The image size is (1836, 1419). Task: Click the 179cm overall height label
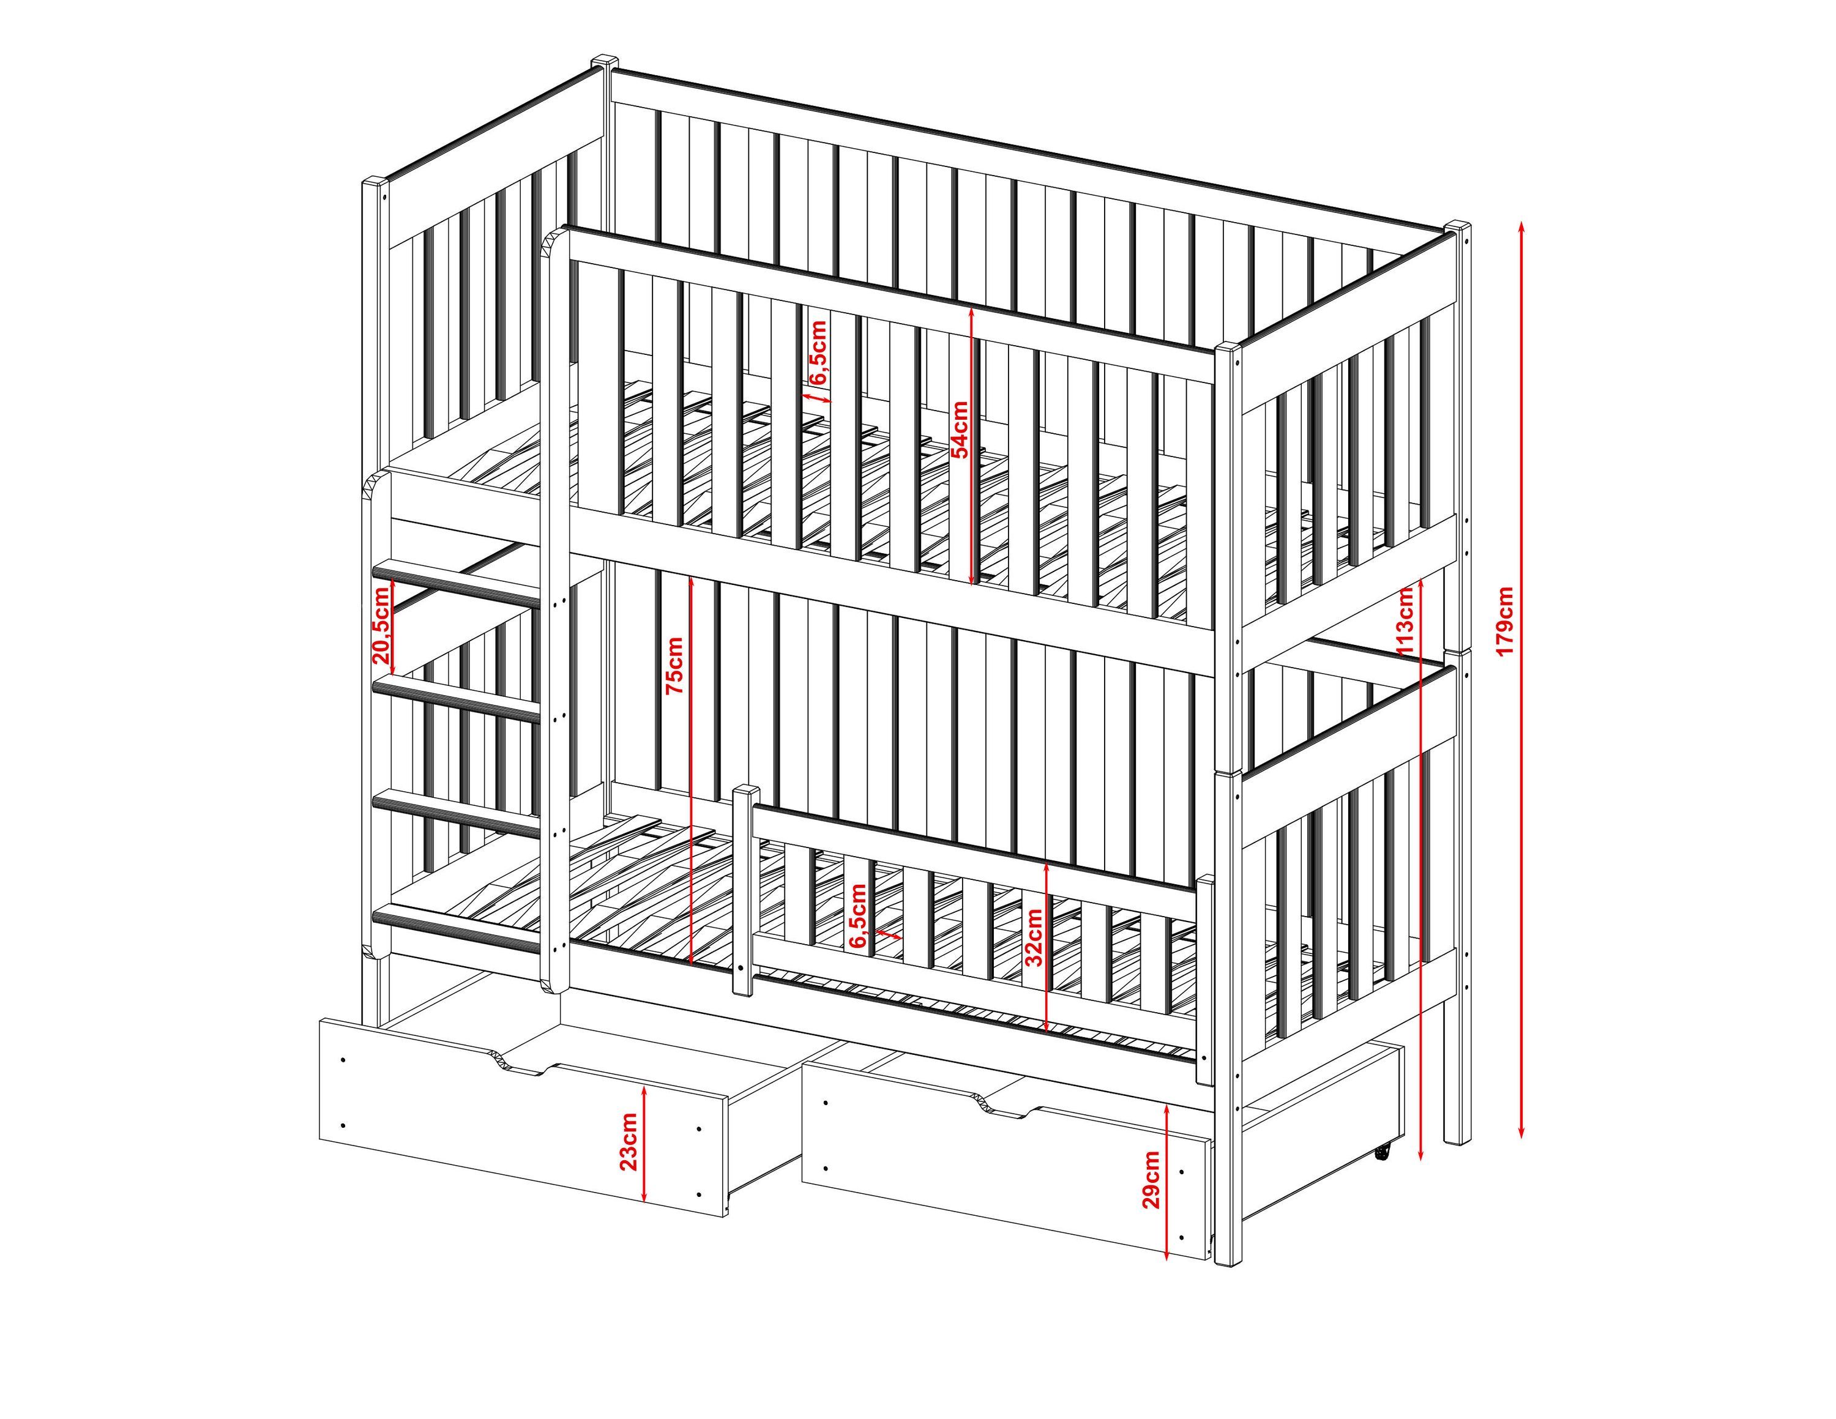click(1505, 620)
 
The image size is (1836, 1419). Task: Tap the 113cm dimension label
click(1404, 621)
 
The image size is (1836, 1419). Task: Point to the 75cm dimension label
click(675, 666)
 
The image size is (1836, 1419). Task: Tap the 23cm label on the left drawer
click(628, 1142)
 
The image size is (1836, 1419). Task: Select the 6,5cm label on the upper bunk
click(819, 351)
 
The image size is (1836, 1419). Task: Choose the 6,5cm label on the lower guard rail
click(857, 916)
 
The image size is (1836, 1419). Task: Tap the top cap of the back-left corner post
click(605, 63)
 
